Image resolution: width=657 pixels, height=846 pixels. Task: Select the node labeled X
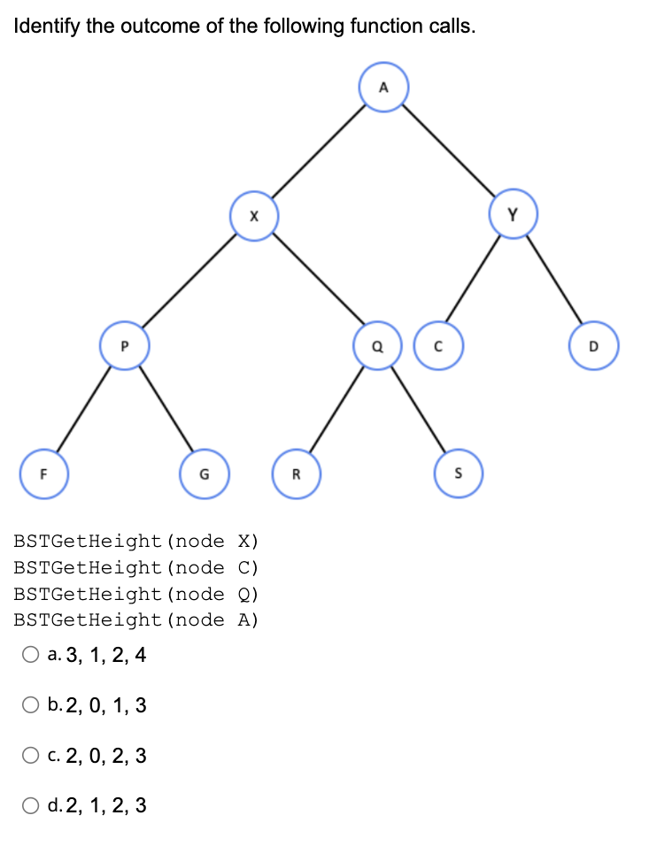pos(254,216)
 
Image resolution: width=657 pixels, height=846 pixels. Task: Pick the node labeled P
pos(125,344)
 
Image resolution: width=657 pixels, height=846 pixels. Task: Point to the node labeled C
pos(437,344)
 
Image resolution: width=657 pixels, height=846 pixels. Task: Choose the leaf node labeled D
pos(594,344)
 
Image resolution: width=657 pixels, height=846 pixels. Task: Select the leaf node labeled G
pos(205,473)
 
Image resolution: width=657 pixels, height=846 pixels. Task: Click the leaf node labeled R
pos(297,473)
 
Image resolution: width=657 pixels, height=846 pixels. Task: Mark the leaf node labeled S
pos(460,473)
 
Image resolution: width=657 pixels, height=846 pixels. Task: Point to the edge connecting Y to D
pos(555,281)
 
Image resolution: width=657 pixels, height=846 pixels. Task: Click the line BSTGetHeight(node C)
pos(136,567)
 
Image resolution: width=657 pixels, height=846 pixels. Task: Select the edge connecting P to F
pos(82,409)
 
